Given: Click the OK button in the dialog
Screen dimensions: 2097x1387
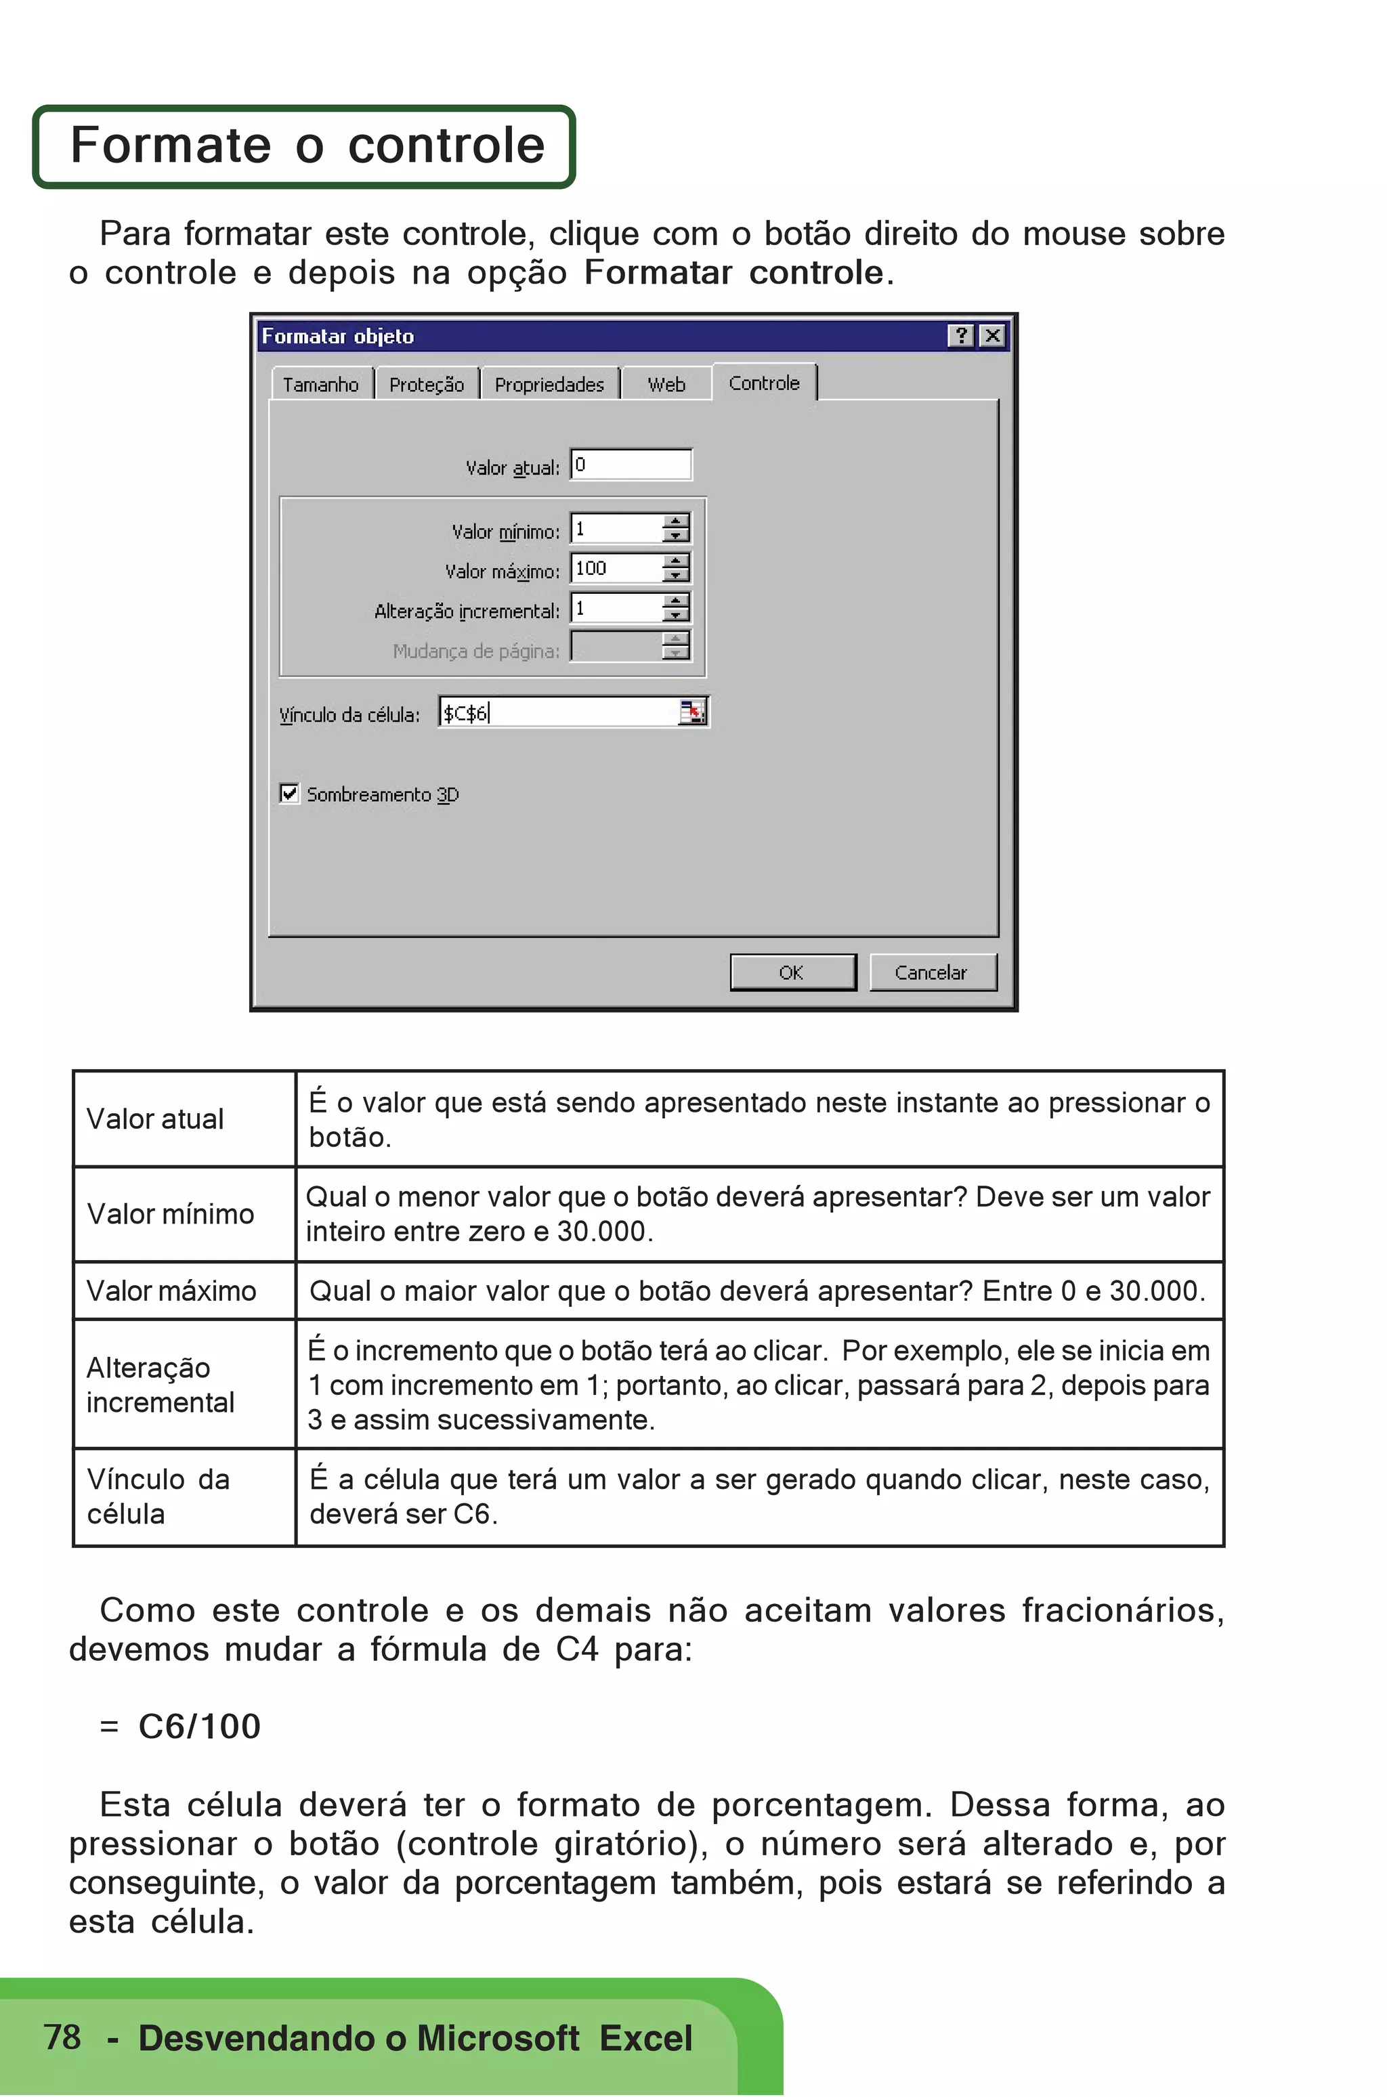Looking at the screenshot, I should [792, 972].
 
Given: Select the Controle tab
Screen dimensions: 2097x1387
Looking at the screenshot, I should [763, 383].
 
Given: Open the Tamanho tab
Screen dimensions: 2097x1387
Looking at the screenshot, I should [320, 385].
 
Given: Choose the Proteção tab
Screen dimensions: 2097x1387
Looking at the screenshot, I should [427, 385].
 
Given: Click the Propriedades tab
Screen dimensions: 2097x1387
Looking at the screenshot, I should [549, 385].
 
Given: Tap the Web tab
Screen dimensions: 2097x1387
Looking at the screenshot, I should [666, 385].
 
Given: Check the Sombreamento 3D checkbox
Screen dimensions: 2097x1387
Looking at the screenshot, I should [289, 794].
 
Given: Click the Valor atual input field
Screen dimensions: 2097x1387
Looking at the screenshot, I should [630, 465].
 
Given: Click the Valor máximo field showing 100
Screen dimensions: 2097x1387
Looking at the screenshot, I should [616, 569].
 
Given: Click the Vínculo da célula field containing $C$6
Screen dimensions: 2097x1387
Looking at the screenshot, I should [557, 713].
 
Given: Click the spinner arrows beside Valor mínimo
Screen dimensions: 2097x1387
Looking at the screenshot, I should [676, 529].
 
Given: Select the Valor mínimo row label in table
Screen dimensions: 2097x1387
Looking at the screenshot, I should [171, 1213].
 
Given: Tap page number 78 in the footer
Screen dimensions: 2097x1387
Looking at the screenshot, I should [62, 2037].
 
